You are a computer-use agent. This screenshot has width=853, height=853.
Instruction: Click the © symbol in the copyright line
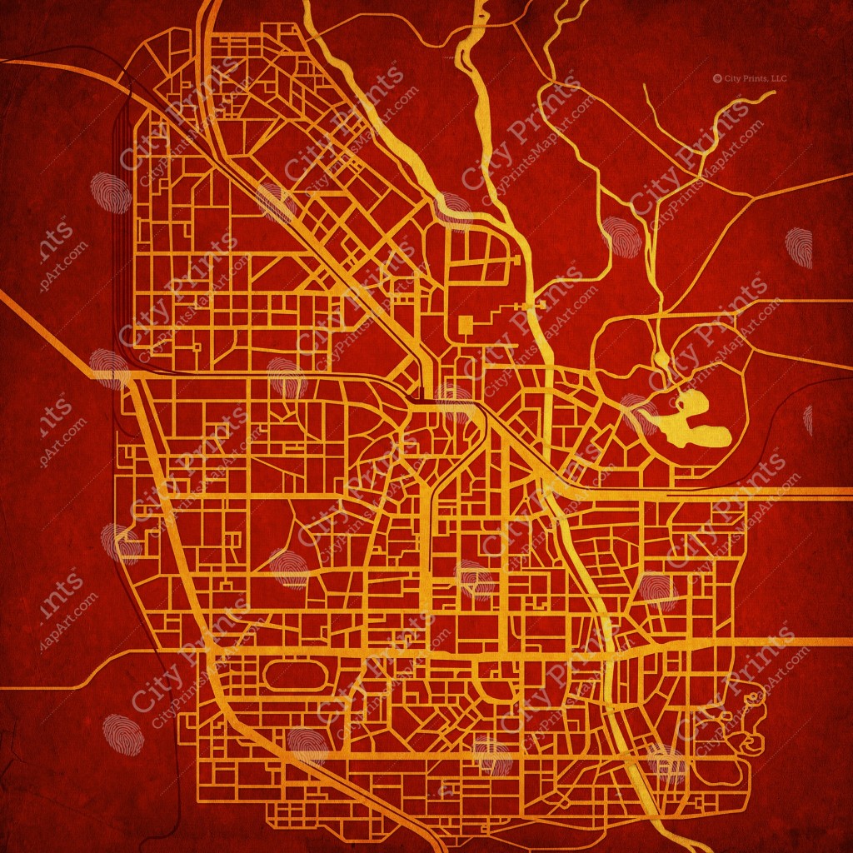pos(717,78)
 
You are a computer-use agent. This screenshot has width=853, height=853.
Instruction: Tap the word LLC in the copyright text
pos(778,78)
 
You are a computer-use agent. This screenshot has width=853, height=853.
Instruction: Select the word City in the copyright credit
pos(732,78)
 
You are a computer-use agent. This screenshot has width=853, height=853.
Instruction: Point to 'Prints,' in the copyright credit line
pos(755,78)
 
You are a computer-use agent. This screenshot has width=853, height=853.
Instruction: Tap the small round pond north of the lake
pos(661,359)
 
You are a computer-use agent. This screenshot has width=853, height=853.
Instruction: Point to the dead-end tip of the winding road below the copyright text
pos(771,94)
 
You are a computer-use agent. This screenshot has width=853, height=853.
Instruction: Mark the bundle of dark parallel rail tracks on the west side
pos(123,250)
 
